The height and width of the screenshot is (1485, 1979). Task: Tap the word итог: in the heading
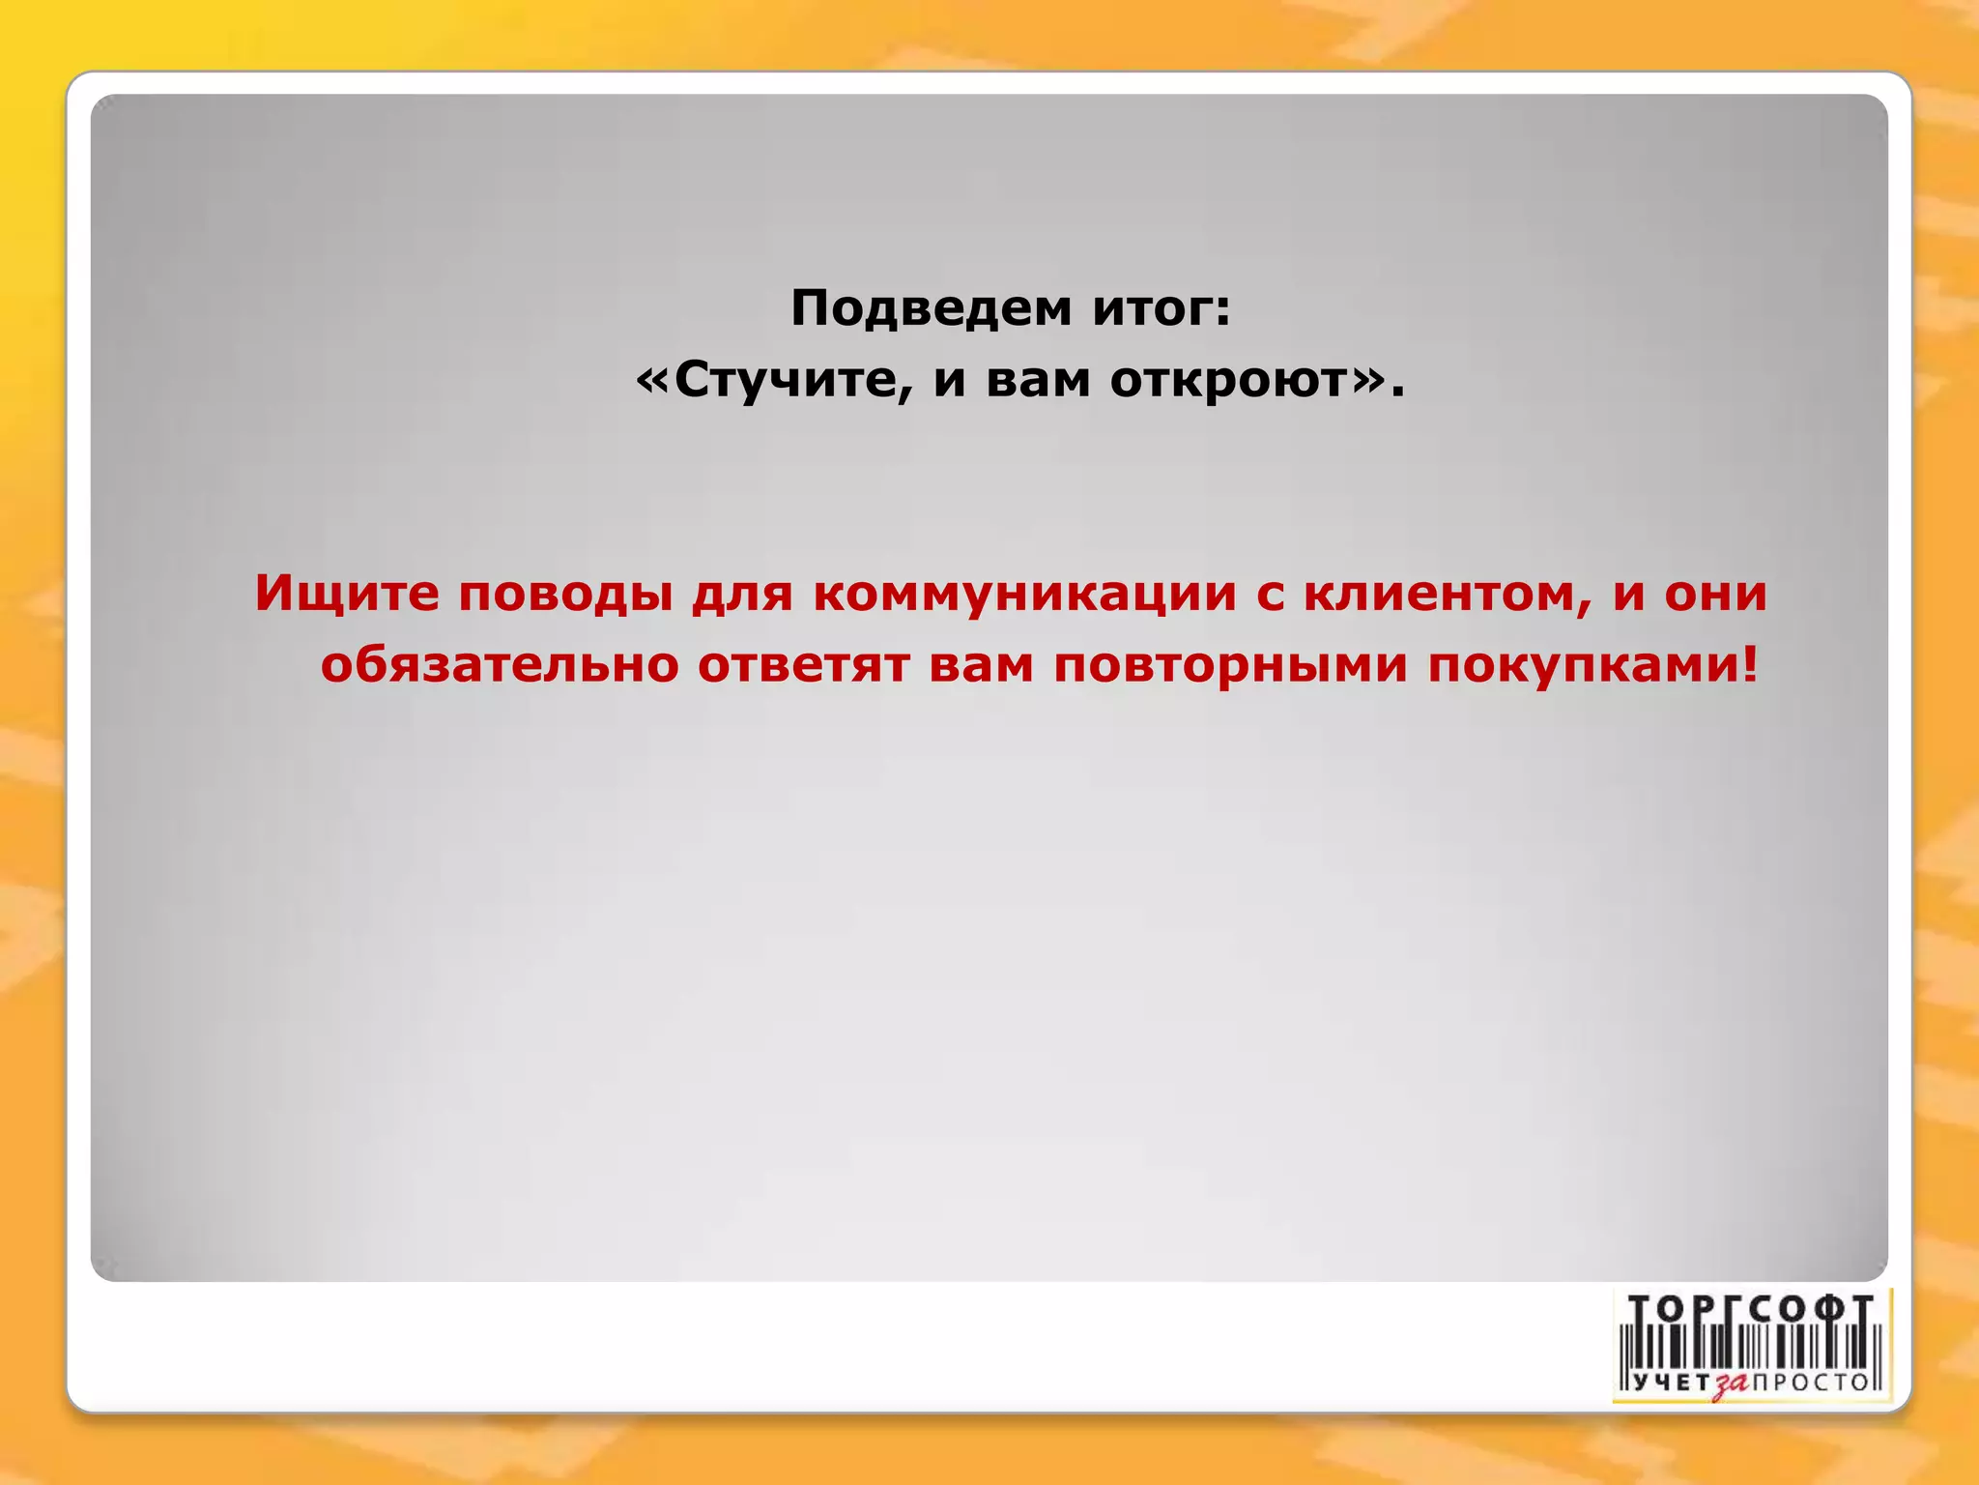tap(1162, 308)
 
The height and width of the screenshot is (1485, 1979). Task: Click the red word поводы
tap(564, 594)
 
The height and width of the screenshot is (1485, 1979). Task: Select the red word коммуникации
tap(1024, 593)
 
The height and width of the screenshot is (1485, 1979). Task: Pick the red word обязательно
tap(500, 664)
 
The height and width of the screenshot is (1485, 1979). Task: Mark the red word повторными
tap(1230, 664)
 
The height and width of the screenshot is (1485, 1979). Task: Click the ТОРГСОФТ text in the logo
tap(1751, 1309)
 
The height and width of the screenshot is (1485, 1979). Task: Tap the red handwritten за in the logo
tap(1731, 1384)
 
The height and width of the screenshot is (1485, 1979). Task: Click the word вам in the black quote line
tap(1038, 380)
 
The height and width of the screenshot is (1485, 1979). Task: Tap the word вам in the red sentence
tap(981, 664)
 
